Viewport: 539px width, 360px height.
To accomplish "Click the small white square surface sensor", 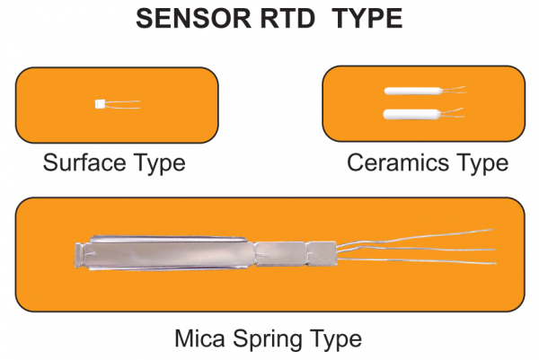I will pyautogui.click(x=100, y=105).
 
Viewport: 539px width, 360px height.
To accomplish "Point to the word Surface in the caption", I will pyautogui.click(x=86, y=163).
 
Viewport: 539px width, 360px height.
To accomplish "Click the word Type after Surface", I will pyautogui.click(x=161, y=164).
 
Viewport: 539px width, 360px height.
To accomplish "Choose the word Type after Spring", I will pyautogui.click(x=336, y=340).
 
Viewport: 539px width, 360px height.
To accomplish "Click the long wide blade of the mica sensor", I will pyautogui.click(x=166, y=255).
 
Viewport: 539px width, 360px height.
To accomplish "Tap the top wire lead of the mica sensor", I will pyautogui.click(x=422, y=235).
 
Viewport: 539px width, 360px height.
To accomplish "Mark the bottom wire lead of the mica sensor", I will pyautogui.click(x=422, y=260).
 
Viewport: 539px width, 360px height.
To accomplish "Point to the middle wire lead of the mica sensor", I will pyautogui.click(x=422, y=249).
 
